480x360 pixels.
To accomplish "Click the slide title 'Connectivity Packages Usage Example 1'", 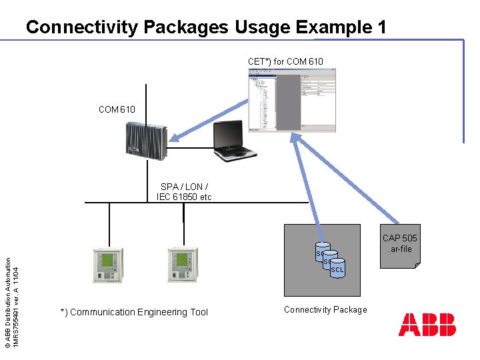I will [x=206, y=27].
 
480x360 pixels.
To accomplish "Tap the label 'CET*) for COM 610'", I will [x=285, y=61].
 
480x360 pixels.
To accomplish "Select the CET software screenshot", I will [x=292, y=100].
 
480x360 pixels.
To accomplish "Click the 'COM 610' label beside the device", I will [x=117, y=109].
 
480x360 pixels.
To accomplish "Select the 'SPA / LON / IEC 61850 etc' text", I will [x=184, y=192].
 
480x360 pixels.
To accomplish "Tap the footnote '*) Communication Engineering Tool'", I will [x=134, y=312].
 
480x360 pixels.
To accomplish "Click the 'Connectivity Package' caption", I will [x=325, y=309].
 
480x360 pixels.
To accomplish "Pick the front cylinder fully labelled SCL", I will [x=337, y=269].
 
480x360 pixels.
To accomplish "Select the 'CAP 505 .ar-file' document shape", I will [x=400, y=245].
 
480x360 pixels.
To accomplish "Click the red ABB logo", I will [x=427, y=325].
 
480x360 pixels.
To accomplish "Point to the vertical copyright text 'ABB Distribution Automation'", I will [x=7, y=300].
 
